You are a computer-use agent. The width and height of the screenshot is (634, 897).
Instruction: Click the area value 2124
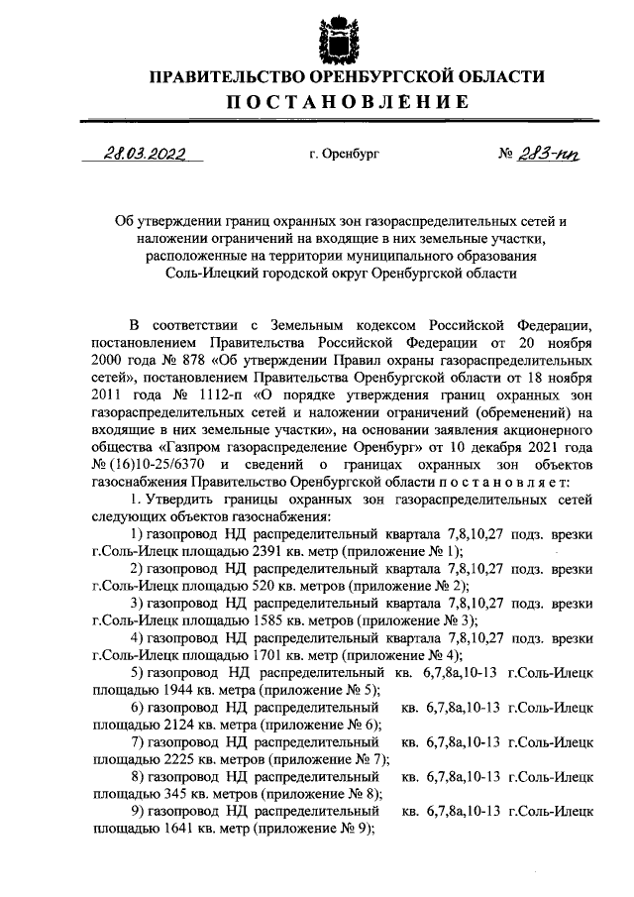point(172,725)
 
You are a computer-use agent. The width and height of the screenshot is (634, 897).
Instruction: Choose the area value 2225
point(172,760)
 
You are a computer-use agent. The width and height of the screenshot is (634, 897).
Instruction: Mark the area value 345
point(169,796)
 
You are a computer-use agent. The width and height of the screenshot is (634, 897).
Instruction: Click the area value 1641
point(172,832)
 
